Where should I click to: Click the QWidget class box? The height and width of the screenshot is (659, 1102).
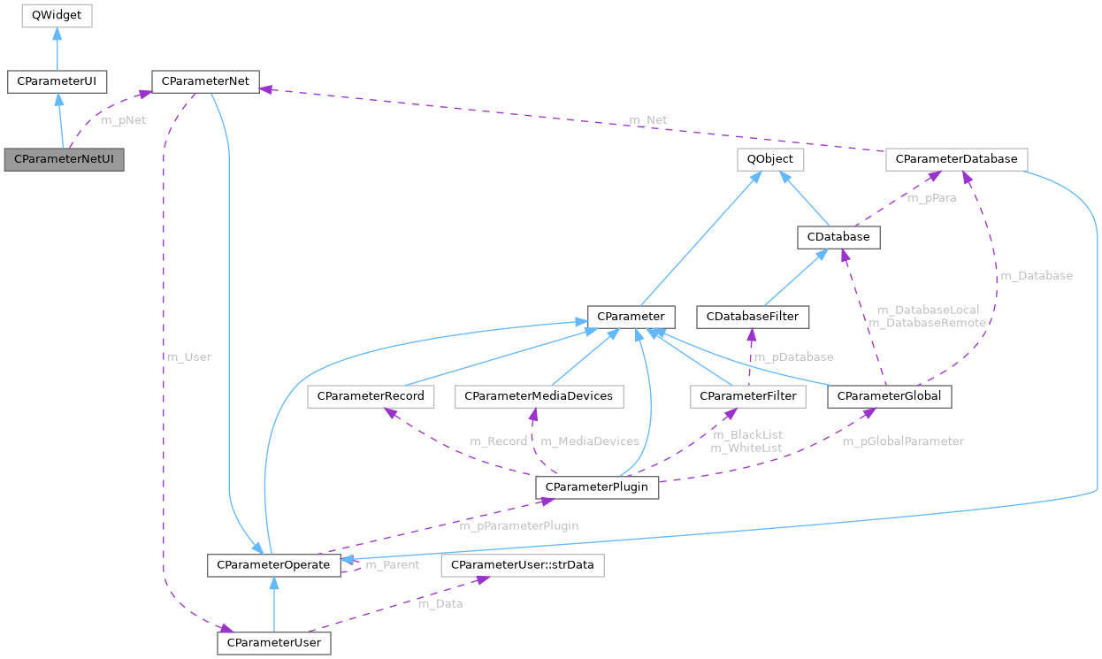(x=57, y=15)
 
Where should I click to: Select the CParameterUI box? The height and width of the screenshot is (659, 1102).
(x=57, y=82)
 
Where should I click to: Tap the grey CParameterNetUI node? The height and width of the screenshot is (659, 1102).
(x=64, y=160)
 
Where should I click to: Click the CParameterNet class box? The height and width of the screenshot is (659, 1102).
(x=205, y=82)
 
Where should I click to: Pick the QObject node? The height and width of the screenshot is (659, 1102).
(x=770, y=160)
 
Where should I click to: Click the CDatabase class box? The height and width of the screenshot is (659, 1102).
(x=838, y=237)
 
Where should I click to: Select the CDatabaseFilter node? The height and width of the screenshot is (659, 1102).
(x=752, y=316)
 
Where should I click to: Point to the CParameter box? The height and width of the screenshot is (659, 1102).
(x=631, y=316)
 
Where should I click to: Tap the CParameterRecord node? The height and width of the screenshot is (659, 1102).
(x=371, y=396)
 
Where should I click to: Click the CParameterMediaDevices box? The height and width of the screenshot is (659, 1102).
(x=539, y=396)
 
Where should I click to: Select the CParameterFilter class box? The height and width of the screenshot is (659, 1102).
(x=748, y=396)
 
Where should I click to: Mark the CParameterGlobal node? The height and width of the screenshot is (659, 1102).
(x=889, y=396)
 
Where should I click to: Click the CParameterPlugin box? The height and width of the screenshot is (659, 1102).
(x=597, y=487)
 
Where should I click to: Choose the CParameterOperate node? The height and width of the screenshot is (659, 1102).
(x=273, y=564)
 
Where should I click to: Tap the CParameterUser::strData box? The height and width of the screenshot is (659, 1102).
(x=523, y=564)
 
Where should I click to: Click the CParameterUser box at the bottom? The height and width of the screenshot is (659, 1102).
(x=274, y=642)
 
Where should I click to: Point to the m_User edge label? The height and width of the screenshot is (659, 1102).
(x=188, y=357)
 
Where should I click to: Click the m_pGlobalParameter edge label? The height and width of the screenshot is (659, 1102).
(x=902, y=441)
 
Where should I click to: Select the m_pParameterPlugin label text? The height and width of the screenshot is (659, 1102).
(x=519, y=525)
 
